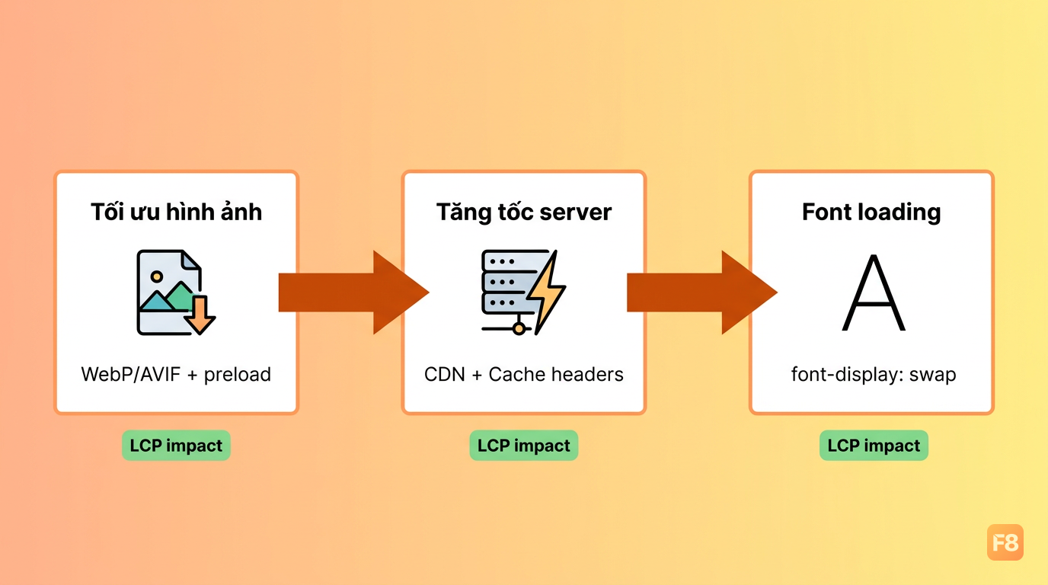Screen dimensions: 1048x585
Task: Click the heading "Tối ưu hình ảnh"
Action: [177, 212]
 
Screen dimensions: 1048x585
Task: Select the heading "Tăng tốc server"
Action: [524, 212]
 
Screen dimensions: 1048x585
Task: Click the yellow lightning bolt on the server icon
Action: [546, 292]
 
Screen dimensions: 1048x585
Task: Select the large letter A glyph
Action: [874, 292]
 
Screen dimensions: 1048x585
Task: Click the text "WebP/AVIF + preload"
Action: [176, 375]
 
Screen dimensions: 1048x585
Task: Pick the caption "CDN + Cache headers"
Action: [524, 375]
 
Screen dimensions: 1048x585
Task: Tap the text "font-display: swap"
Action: [874, 375]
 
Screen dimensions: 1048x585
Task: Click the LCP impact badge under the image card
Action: [176, 446]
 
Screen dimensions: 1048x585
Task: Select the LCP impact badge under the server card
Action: [524, 446]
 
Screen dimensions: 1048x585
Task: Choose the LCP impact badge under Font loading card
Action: [874, 446]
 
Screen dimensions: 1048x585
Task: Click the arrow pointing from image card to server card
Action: [353, 292]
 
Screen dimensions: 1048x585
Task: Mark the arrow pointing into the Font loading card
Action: [701, 292]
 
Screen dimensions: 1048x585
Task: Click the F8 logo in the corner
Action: [1005, 542]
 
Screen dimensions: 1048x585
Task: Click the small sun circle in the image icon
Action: [157, 277]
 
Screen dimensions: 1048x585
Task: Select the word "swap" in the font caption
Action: [932, 376]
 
